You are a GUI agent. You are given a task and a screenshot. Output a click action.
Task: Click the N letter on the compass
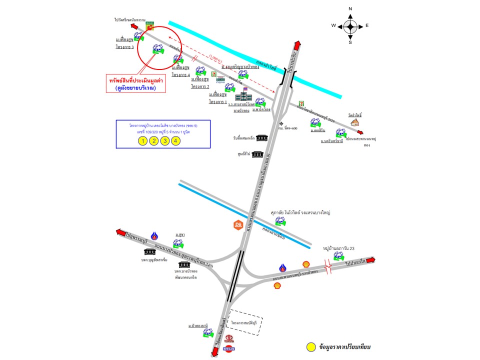[x=350, y=9]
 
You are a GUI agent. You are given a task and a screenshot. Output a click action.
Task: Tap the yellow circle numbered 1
[x=142, y=140]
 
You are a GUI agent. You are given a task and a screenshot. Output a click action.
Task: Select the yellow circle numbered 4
[x=175, y=140]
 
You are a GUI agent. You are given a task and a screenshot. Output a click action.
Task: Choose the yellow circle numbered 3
[x=164, y=140]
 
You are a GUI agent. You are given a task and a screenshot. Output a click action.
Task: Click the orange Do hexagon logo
[x=238, y=224]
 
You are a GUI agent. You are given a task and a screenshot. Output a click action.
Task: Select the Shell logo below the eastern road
[x=277, y=285]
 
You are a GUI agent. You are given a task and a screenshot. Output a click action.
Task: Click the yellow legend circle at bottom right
[x=311, y=346]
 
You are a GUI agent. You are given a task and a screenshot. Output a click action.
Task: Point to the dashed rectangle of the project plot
[x=245, y=320]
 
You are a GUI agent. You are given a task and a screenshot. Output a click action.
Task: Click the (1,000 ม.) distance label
[x=217, y=58]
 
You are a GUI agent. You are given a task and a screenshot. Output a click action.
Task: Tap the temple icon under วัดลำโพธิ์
[x=355, y=122]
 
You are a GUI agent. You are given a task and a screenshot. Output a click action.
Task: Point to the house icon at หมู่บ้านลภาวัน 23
[x=339, y=255]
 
